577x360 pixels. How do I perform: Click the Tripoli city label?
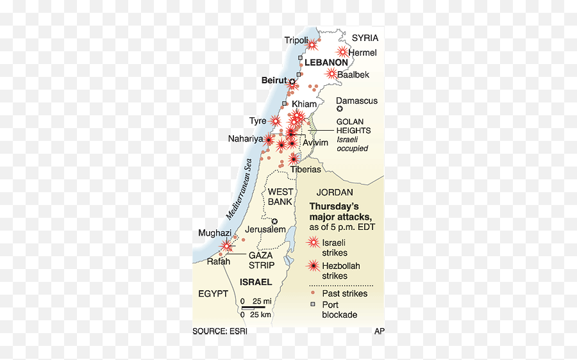(296, 41)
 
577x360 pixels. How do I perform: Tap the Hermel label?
(363, 53)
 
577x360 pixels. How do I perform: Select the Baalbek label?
(353, 74)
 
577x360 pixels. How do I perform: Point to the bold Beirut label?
(274, 81)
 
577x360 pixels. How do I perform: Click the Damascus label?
(357, 101)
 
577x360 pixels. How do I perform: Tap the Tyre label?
(258, 120)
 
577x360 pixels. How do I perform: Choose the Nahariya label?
(246, 138)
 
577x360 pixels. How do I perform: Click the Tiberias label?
(305, 170)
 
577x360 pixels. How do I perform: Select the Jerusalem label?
(265, 229)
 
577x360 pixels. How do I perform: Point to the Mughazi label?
(215, 233)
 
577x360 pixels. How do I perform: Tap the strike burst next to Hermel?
(343, 52)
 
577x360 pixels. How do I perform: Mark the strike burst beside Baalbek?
(331, 74)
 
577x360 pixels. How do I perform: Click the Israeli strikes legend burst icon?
(314, 242)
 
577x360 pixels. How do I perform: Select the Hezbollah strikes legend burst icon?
(314, 265)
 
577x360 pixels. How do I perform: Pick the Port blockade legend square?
(314, 304)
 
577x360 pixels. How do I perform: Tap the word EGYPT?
(213, 293)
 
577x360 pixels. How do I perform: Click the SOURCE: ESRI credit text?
(220, 331)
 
